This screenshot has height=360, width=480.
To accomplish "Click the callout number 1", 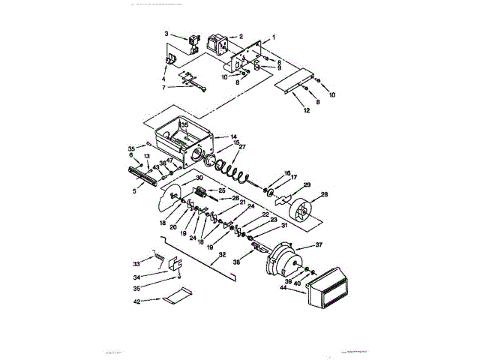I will [274, 37].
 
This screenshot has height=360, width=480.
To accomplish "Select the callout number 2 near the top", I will [241, 36].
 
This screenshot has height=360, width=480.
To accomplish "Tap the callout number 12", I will [306, 110].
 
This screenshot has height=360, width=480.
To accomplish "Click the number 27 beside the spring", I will [241, 148].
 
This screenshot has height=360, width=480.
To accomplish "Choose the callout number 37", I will [318, 245].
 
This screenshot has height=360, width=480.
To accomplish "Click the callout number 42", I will [136, 301].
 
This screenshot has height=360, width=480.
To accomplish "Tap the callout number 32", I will [222, 255].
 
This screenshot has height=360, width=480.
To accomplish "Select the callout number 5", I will [134, 190].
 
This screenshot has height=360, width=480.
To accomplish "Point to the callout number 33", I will [136, 263].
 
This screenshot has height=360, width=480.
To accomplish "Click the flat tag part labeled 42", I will [175, 298].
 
